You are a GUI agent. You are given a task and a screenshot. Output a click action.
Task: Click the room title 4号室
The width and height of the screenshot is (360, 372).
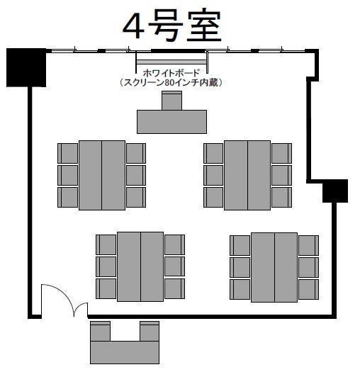(172, 26)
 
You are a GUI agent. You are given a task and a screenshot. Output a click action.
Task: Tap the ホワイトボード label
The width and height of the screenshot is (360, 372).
(171, 73)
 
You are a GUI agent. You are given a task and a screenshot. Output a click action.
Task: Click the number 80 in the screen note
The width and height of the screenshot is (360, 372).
(169, 83)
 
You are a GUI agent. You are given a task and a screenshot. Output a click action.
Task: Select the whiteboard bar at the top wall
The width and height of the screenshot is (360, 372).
(171, 62)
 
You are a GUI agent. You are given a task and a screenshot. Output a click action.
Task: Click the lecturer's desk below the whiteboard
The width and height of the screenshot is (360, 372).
(171, 122)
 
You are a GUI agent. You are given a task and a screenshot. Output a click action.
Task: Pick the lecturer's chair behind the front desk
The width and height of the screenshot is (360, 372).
(171, 100)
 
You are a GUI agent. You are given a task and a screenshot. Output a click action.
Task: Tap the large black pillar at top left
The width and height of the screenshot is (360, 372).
(26, 67)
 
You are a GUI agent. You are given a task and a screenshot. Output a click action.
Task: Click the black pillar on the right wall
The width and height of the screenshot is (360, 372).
(335, 191)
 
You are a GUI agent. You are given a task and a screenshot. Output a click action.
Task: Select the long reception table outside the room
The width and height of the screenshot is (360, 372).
(125, 352)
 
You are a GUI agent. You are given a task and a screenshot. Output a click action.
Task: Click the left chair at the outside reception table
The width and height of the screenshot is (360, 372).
(100, 331)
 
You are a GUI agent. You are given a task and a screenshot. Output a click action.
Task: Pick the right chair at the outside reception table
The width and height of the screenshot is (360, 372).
(150, 331)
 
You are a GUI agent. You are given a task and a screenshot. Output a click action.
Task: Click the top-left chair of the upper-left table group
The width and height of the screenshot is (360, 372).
(68, 153)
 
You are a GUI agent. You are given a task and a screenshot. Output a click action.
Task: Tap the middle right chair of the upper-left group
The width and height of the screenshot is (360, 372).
(136, 175)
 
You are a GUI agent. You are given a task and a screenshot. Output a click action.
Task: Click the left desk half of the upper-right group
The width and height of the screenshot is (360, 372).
(236, 175)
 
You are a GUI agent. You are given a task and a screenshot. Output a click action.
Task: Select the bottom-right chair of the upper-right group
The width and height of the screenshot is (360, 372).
(281, 198)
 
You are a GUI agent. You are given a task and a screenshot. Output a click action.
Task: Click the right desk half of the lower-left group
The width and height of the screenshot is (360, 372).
(152, 266)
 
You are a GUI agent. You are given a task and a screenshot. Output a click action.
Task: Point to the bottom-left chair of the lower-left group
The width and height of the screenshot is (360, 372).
(106, 288)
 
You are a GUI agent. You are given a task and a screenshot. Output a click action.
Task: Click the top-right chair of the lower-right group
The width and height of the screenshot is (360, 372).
(308, 245)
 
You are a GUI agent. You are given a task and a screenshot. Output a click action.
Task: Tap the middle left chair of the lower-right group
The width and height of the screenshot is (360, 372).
(240, 267)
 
